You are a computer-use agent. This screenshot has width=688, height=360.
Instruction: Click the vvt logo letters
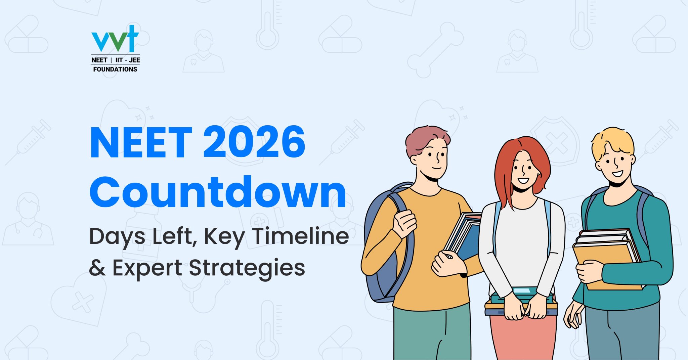click(115, 39)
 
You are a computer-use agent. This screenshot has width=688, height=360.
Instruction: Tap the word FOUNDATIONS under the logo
click(115, 70)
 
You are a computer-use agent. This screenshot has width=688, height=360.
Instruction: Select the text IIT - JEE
click(128, 60)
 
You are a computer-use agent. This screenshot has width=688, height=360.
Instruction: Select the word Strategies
click(247, 268)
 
